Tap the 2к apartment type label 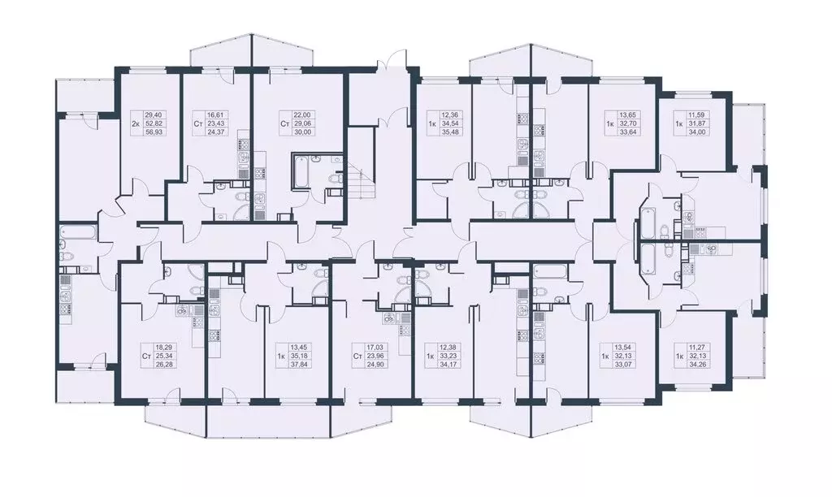click(136, 124)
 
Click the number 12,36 click(450, 116)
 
